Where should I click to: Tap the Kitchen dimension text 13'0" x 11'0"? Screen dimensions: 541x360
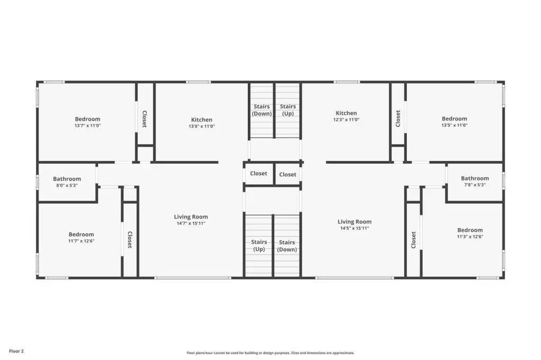(x=201, y=126)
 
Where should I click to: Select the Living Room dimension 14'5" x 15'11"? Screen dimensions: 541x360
(x=355, y=228)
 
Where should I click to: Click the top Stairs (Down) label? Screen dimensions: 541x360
(x=262, y=110)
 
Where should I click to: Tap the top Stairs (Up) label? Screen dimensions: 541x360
(x=288, y=110)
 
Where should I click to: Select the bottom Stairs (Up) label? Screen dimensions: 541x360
(x=259, y=245)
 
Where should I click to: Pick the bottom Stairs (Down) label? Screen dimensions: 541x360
(x=287, y=246)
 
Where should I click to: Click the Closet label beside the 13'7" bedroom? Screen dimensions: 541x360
(x=145, y=119)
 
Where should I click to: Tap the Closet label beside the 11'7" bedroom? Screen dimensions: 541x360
(x=130, y=240)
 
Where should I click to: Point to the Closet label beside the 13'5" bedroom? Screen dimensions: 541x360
(x=398, y=119)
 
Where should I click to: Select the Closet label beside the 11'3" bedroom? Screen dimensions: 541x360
(x=413, y=240)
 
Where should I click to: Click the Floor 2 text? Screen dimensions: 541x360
(x=16, y=351)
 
